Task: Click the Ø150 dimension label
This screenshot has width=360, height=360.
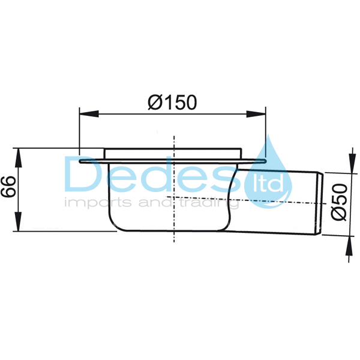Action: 172,103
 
